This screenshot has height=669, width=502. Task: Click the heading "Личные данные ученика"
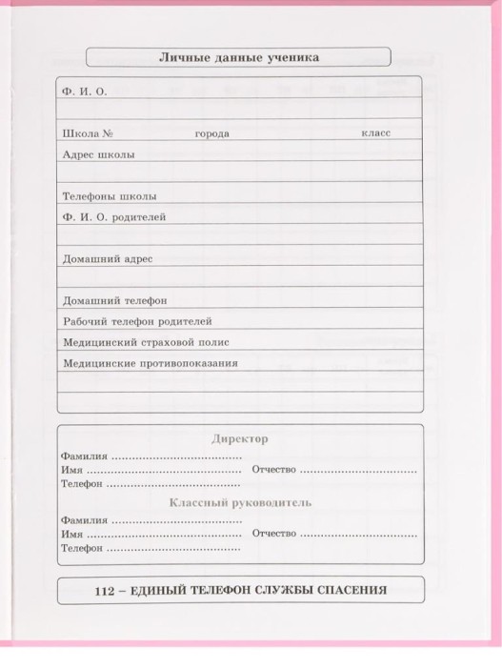(x=238, y=57)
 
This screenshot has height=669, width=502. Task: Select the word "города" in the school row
(x=211, y=133)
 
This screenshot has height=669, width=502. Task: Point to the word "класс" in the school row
(x=375, y=133)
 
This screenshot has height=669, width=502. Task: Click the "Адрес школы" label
(x=98, y=154)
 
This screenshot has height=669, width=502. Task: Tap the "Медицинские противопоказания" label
(x=150, y=363)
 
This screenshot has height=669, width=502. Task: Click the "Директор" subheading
(x=238, y=438)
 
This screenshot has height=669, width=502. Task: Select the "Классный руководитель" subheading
(x=240, y=502)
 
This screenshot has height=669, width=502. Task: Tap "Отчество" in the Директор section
(x=274, y=471)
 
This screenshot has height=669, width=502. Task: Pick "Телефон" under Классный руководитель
(x=81, y=549)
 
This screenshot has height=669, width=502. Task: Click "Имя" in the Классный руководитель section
(x=70, y=535)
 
